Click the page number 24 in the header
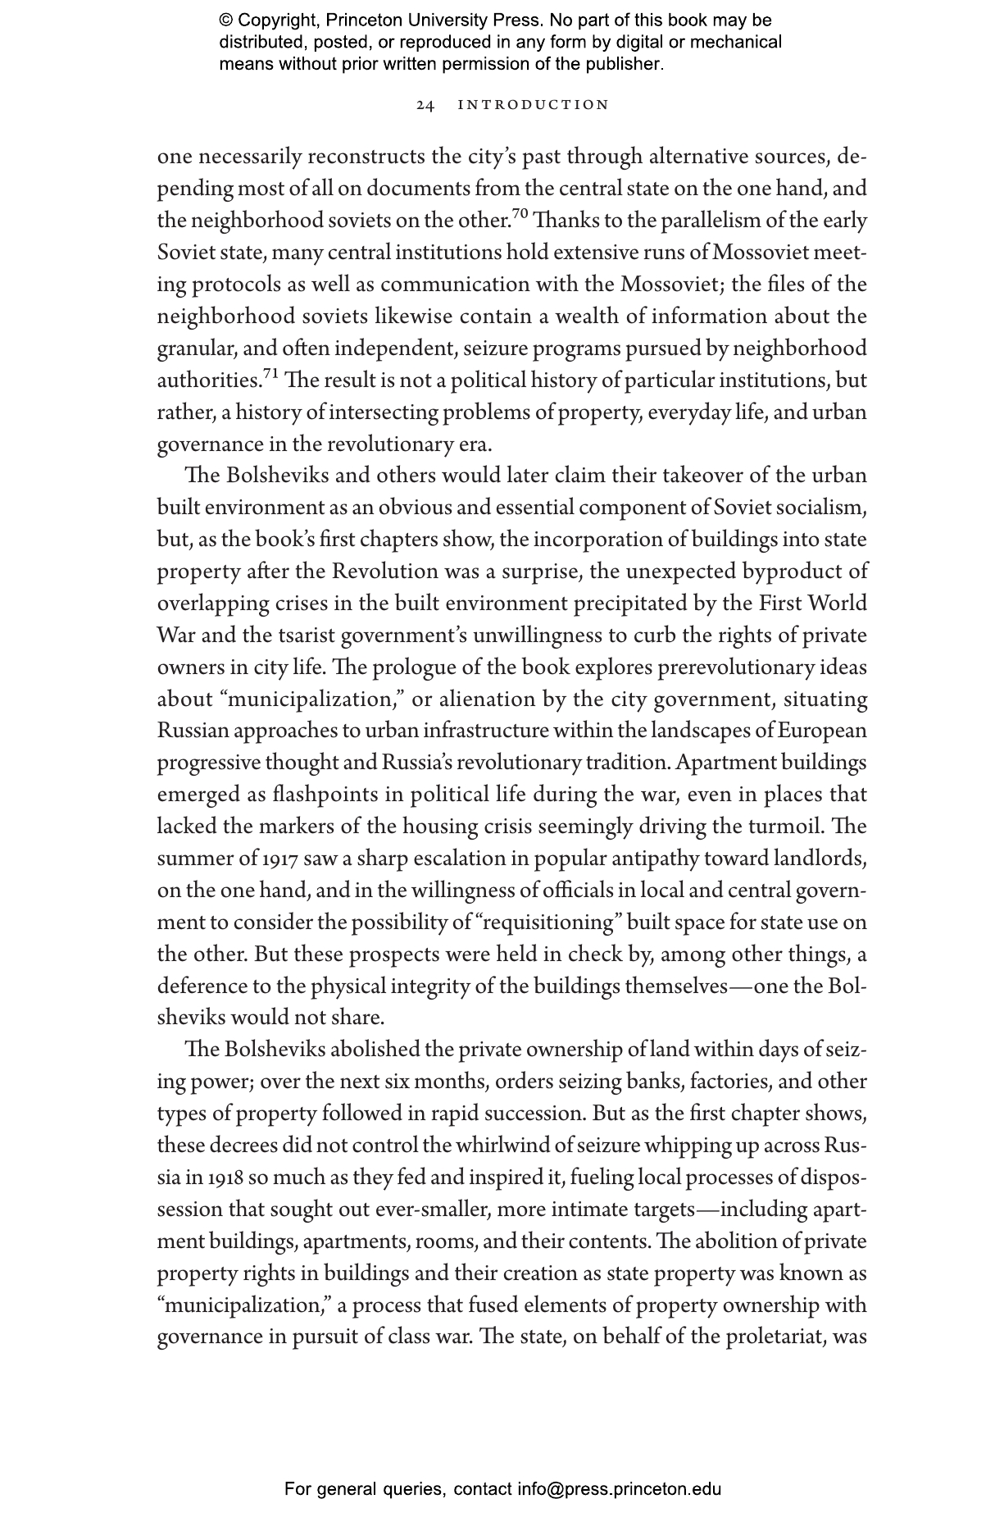(x=425, y=105)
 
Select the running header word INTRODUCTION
(x=533, y=105)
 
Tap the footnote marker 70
(x=520, y=215)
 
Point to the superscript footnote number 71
(x=271, y=375)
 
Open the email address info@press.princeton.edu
(x=619, y=1488)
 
